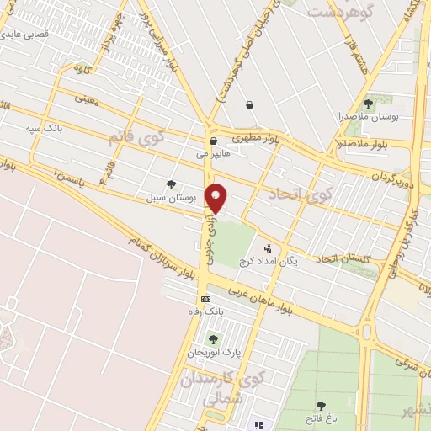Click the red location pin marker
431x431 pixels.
tap(217, 198)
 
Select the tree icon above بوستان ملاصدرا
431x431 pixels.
tap(368, 104)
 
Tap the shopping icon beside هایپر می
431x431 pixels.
tap(214, 141)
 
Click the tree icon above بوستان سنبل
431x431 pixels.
tap(172, 184)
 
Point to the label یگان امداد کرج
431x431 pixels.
tap(268, 261)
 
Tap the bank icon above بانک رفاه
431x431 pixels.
tap(205, 299)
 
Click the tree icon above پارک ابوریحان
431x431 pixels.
tap(213, 338)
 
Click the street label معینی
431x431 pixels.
tap(87, 98)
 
